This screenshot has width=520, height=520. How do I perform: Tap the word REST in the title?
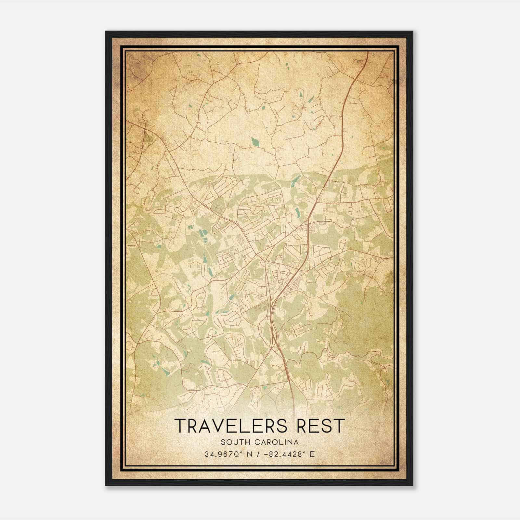(317, 426)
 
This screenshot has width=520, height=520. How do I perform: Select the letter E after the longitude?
(312, 454)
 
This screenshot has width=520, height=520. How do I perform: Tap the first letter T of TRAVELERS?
(180, 426)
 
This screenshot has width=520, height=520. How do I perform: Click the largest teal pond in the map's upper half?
(254, 141)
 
